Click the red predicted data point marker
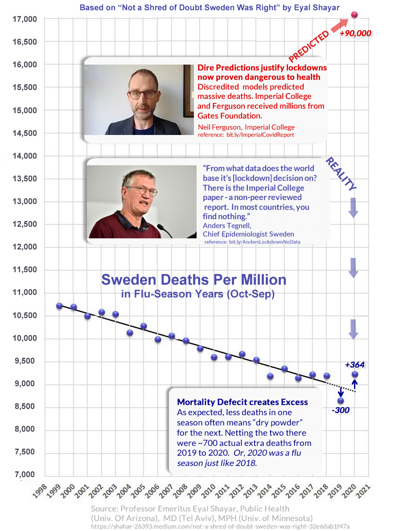355,15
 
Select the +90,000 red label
355,33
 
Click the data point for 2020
355,374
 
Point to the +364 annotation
354,364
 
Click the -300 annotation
341,410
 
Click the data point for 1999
60,306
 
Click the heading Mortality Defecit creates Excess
242,402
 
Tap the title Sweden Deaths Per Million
193,280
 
